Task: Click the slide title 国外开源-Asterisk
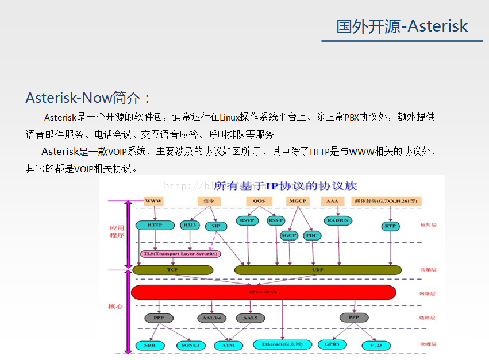[402, 26]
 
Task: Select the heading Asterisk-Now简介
[88, 98]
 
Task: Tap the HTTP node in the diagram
[155, 225]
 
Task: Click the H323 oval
[189, 225]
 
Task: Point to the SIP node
[215, 226]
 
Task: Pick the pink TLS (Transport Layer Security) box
[180, 253]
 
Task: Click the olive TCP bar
[172, 269]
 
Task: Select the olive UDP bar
[318, 269]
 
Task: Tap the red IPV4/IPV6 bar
[263, 292]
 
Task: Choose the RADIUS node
[337, 220]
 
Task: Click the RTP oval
[390, 226]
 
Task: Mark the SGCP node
[288, 235]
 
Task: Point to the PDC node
[312, 235]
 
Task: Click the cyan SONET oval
[190, 345]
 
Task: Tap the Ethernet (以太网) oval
[282, 344]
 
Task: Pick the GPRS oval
[332, 344]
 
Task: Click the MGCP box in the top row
[298, 201]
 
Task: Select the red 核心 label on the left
[115, 306]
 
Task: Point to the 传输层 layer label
[428, 269]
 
